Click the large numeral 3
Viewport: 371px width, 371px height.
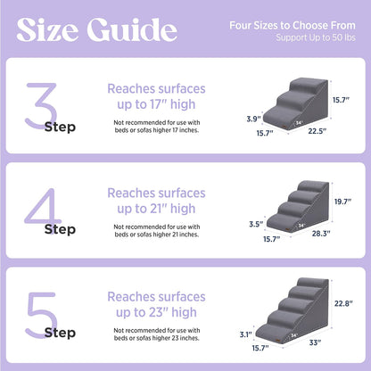tap(42, 102)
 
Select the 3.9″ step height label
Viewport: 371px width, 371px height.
tap(252, 118)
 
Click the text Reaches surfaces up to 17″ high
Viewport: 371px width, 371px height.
tap(157, 97)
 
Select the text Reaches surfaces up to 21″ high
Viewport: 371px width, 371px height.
tap(157, 201)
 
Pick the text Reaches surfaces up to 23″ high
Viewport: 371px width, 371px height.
tap(157, 304)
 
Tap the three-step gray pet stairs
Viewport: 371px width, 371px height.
tap(299, 105)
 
